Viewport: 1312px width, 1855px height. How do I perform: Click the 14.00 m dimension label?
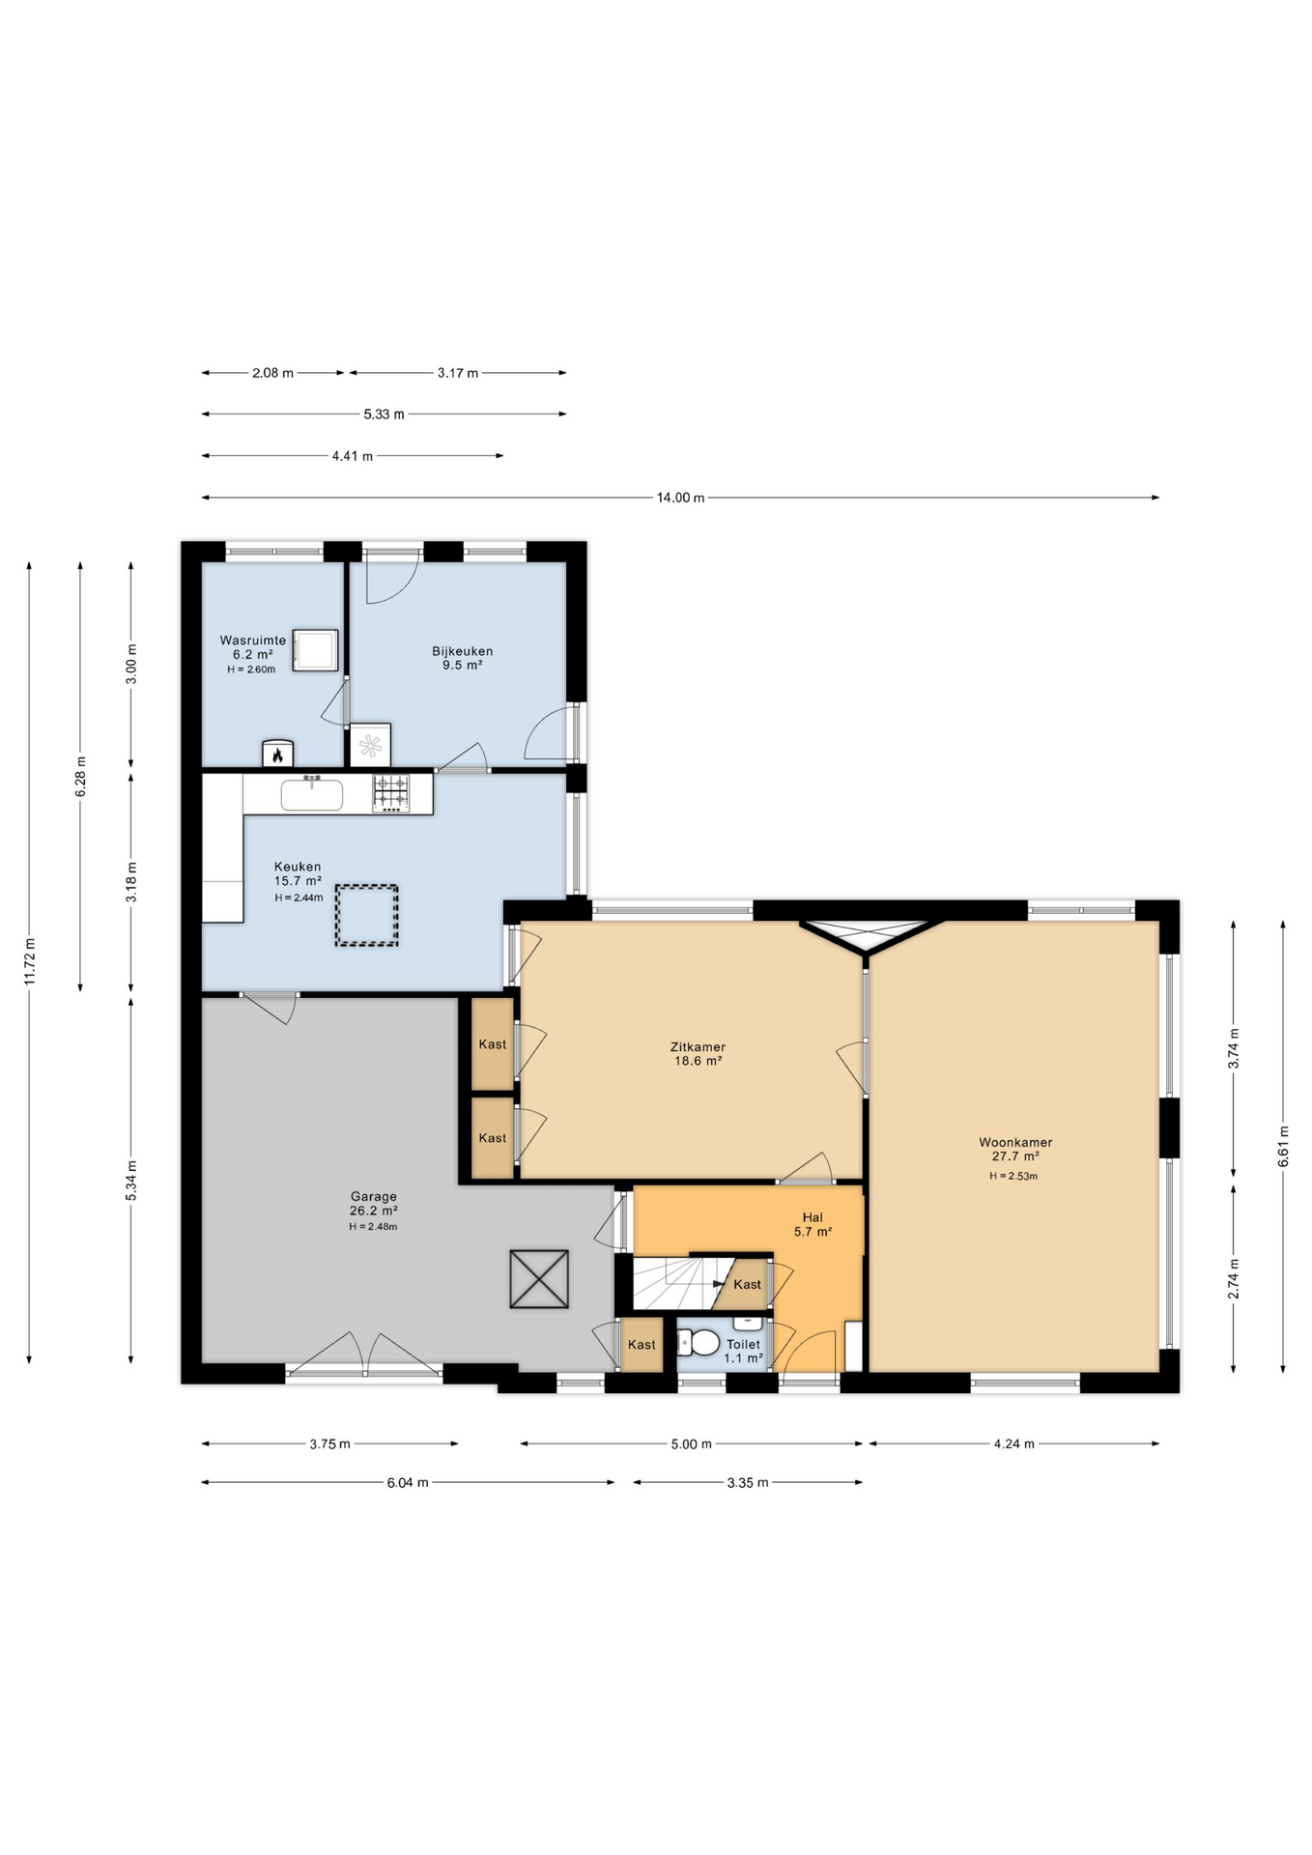point(680,498)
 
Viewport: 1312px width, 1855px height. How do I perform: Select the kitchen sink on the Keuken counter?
point(311,795)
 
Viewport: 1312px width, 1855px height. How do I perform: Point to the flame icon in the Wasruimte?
point(277,754)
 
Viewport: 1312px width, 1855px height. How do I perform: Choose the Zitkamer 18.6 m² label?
point(698,1053)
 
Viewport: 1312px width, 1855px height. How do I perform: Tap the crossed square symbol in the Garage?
point(539,1279)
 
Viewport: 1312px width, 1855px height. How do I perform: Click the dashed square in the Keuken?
point(366,915)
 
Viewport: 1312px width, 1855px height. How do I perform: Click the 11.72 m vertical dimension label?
point(30,961)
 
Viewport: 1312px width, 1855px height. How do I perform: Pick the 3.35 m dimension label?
point(747,1482)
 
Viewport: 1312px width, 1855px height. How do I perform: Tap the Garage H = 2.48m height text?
point(373,1227)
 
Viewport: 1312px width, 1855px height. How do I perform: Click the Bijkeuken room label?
point(462,658)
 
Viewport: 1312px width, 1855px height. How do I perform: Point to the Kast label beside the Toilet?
point(642,1344)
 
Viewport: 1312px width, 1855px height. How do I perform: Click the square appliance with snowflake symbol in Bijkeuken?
point(370,745)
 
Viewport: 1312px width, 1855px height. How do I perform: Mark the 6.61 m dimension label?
point(1283,1146)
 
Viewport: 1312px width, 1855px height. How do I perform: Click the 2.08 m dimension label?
point(272,373)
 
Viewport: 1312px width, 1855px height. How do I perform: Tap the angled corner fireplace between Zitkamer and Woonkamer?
point(867,936)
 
